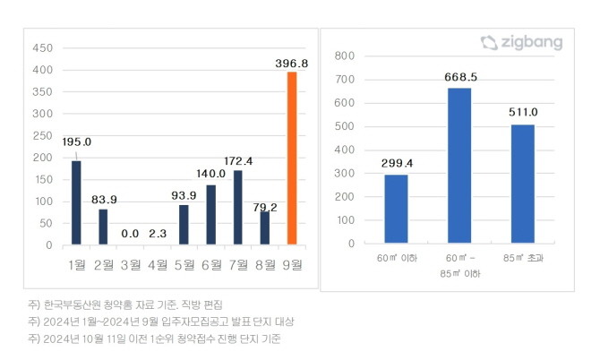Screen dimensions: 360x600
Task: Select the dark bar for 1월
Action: (x=76, y=202)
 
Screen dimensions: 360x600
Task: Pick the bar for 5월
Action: (x=184, y=224)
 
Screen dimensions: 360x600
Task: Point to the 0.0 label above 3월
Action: (x=130, y=233)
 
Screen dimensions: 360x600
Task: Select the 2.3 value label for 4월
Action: (x=157, y=233)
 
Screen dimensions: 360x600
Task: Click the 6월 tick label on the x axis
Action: (x=211, y=264)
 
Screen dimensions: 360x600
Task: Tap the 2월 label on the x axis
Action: (x=103, y=264)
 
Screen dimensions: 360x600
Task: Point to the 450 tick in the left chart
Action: (x=42, y=48)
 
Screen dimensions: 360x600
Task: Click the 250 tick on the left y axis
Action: (x=42, y=135)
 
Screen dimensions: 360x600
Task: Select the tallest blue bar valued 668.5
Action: (x=459, y=165)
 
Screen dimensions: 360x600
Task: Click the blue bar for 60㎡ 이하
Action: (x=396, y=208)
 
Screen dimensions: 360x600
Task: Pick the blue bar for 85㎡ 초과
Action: (x=522, y=184)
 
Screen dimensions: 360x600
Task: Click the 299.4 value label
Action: (x=396, y=163)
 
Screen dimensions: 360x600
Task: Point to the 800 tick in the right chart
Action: (x=345, y=56)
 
